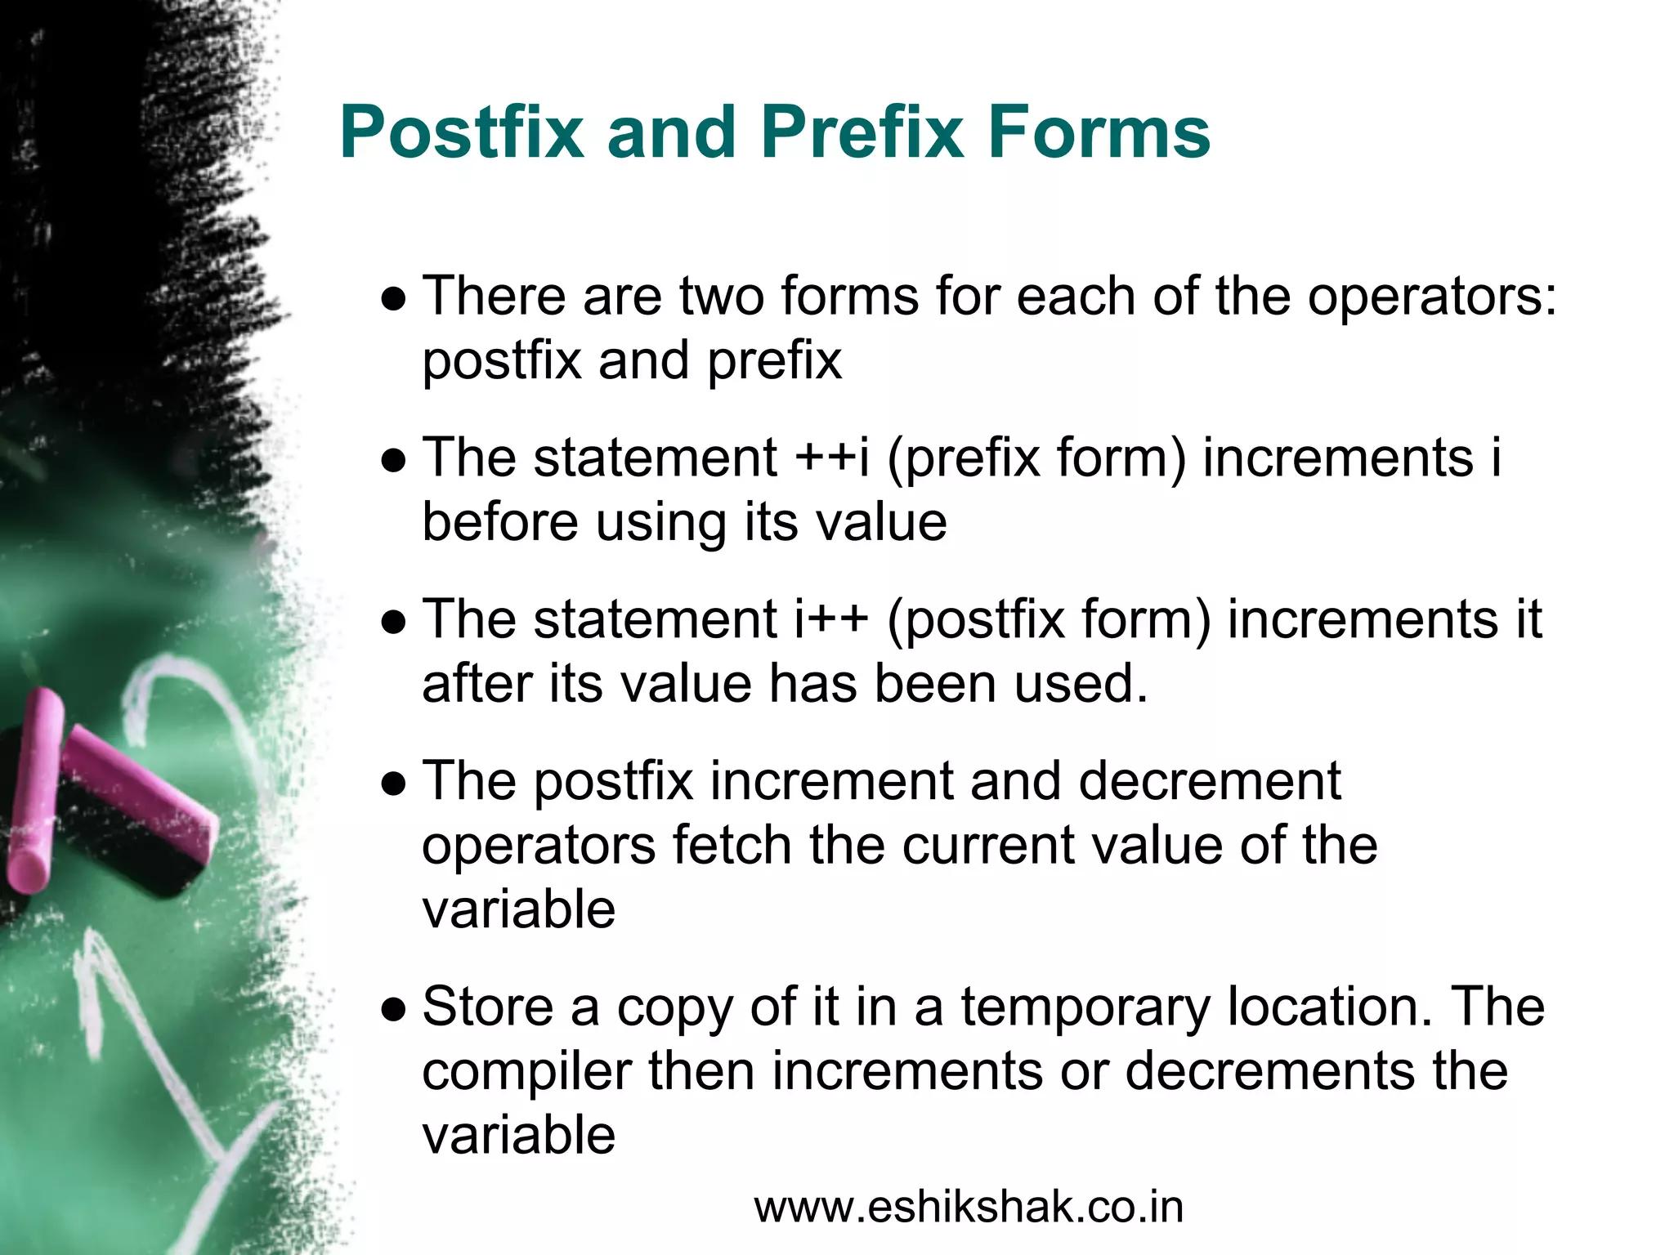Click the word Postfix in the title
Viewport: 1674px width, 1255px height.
[x=463, y=132]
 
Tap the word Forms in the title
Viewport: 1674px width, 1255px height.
[x=1099, y=132]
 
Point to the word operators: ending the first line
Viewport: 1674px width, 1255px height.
[x=1431, y=297]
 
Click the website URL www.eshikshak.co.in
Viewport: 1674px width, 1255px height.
[x=969, y=1208]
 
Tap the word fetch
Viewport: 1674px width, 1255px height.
[x=732, y=845]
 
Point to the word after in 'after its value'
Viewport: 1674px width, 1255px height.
[x=477, y=683]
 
